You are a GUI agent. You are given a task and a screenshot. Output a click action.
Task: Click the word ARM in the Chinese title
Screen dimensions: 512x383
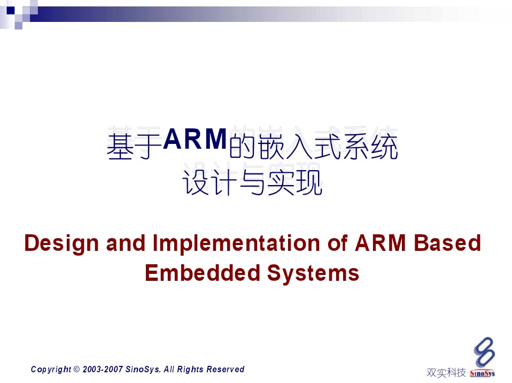click(195, 139)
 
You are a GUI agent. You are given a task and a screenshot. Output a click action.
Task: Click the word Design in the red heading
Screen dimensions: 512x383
click(61, 244)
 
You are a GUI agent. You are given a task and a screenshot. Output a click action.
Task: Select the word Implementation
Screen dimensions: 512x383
click(237, 243)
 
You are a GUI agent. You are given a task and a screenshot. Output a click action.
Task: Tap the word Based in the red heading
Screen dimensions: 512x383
click(447, 243)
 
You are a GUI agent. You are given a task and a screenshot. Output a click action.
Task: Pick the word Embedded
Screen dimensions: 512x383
click(203, 273)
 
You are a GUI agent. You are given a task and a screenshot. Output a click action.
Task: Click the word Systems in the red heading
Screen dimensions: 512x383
click(313, 273)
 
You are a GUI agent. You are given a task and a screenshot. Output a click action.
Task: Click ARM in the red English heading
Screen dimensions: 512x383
click(380, 243)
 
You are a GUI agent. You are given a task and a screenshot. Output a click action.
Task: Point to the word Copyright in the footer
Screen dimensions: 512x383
click(51, 370)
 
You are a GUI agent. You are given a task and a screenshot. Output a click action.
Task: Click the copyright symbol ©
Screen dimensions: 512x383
click(77, 369)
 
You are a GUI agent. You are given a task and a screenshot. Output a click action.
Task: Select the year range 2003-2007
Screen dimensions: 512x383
click(103, 369)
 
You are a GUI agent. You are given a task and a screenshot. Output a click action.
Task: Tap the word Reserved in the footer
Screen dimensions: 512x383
click(226, 369)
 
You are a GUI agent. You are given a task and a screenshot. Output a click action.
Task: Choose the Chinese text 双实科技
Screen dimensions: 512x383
click(446, 372)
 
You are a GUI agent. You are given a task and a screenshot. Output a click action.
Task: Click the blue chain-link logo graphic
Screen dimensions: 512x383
click(484, 352)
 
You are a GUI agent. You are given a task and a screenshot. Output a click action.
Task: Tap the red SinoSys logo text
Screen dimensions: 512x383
click(482, 373)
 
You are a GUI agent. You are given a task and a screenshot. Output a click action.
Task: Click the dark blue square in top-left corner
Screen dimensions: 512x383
click(11, 11)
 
